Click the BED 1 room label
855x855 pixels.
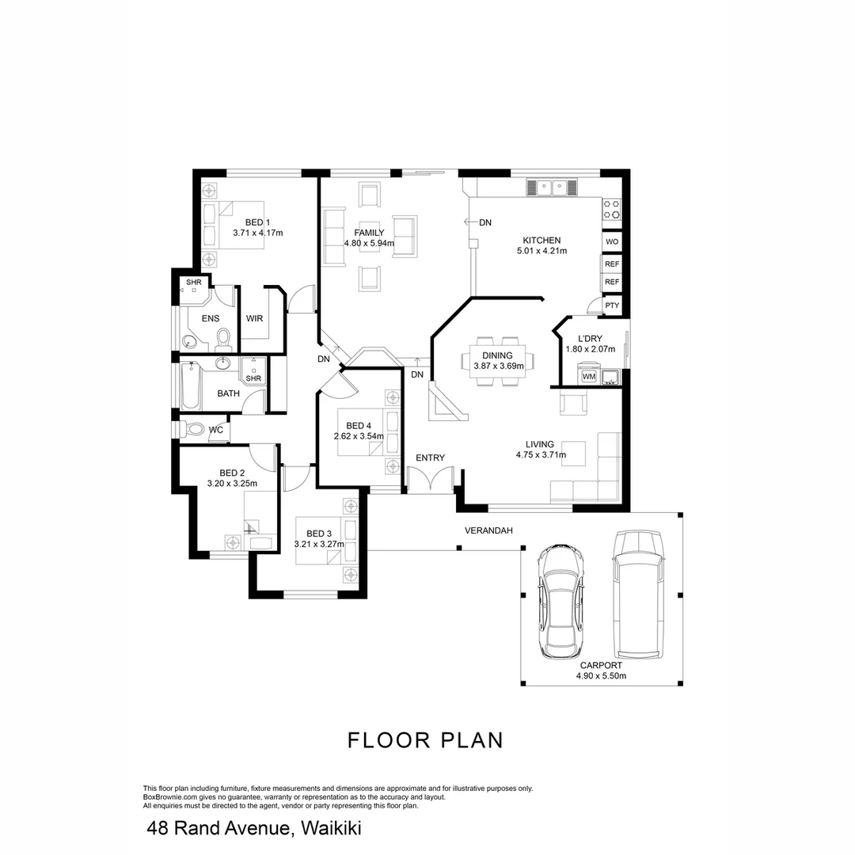(257, 222)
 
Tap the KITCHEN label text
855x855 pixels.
(541, 240)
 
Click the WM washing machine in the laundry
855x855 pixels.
(588, 376)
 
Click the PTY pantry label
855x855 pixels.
(611, 305)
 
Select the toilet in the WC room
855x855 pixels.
(192, 429)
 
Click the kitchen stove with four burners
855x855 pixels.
(612, 209)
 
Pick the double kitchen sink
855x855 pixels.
(551, 188)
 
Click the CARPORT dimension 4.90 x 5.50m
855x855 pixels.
(601, 676)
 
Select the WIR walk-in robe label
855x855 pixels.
(254, 318)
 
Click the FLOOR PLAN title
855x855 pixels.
(426, 740)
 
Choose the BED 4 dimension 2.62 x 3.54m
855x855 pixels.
(359, 436)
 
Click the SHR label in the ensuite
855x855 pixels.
(193, 282)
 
